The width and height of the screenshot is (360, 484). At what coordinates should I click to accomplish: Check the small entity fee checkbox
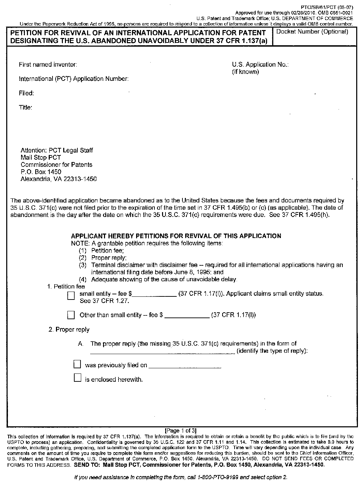tap(71, 296)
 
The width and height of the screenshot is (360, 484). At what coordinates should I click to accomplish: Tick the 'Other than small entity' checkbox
tap(71, 315)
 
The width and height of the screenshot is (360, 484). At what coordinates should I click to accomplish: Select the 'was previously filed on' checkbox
tap(77, 364)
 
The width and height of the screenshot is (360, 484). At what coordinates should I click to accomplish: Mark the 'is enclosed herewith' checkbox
tap(77, 378)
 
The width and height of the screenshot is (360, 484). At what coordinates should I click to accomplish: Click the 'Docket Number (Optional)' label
tap(312, 32)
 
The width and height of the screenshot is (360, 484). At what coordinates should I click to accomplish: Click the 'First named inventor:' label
tap(48, 65)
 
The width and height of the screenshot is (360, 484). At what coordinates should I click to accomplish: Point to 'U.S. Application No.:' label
tap(260, 65)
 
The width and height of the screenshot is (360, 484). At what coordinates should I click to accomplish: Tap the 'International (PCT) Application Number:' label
tap(74, 79)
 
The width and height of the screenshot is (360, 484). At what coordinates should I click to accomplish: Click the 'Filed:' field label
tap(26, 93)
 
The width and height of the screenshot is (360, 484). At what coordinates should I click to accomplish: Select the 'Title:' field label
tap(26, 107)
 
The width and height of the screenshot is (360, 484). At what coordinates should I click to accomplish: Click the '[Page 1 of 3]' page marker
tap(181, 430)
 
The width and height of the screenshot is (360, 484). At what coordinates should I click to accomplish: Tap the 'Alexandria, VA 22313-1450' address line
tap(59, 179)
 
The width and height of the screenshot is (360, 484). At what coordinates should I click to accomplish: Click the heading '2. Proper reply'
tap(69, 330)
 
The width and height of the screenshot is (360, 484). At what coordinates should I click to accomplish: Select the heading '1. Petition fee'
tap(66, 286)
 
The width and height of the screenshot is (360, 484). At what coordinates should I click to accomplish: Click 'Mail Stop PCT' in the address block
tap(41, 158)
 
